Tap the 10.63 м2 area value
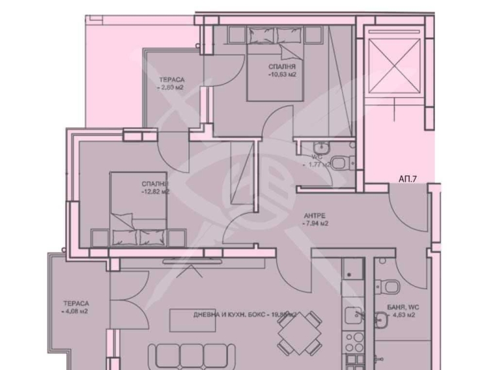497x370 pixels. click(x=282, y=75)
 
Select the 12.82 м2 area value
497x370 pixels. click(x=155, y=192)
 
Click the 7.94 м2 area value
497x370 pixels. click(x=315, y=224)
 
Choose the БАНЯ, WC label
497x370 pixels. click(x=399, y=307)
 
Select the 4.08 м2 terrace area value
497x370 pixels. click(x=75, y=312)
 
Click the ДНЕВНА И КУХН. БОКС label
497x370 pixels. click(x=229, y=315)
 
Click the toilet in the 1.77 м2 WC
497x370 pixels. click(x=340, y=163)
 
